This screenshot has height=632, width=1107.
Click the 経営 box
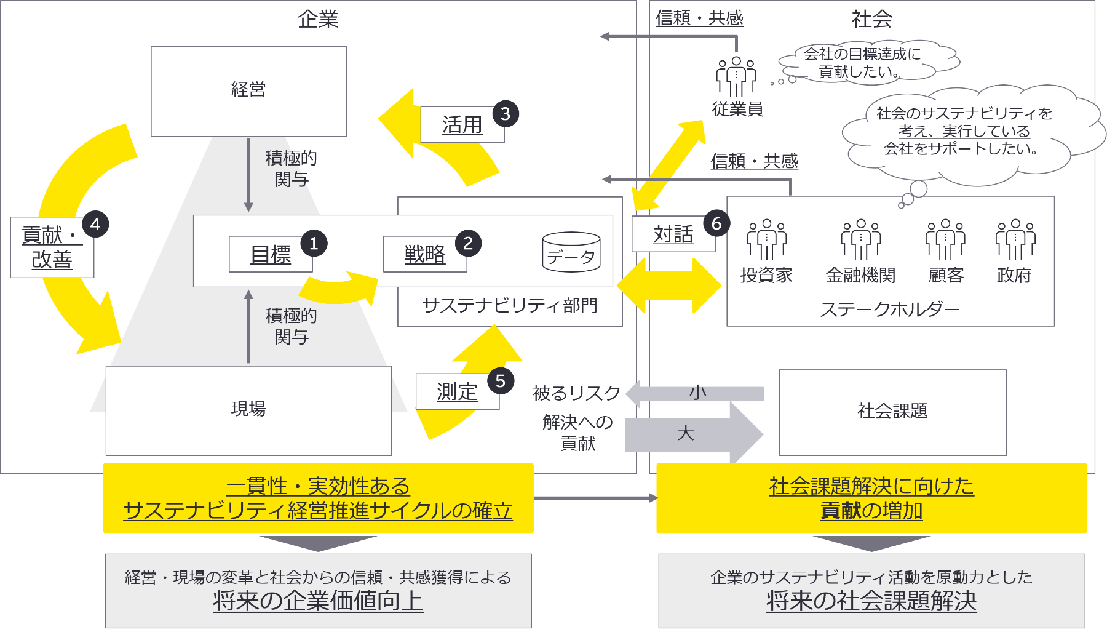click(x=248, y=91)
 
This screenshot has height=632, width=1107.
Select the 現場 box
click(x=248, y=410)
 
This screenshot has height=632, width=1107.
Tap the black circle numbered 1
click(x=314, y=244)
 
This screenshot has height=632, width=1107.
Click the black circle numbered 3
click(x=506, y=114)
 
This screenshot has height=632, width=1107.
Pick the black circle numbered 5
click(x=501, y=382)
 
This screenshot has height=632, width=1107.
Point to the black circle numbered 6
click(x=716, y=223)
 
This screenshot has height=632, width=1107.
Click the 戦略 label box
click(x=425, y=254)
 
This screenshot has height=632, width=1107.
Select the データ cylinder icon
click(x=571, y=252)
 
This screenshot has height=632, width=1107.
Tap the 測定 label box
click(x=457, y=391)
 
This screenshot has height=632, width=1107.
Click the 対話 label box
click(x=673, y=234)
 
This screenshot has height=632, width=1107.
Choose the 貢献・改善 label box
click(x=52, y=247)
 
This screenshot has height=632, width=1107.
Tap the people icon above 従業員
click(x=736, y=76)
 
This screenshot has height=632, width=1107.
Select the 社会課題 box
click(x=892, y=412)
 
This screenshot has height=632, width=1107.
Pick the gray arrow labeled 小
click(x=697, y=393)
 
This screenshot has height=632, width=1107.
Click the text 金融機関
click(x=860, y=275)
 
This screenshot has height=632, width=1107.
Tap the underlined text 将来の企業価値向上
click(x=318, y=601)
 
